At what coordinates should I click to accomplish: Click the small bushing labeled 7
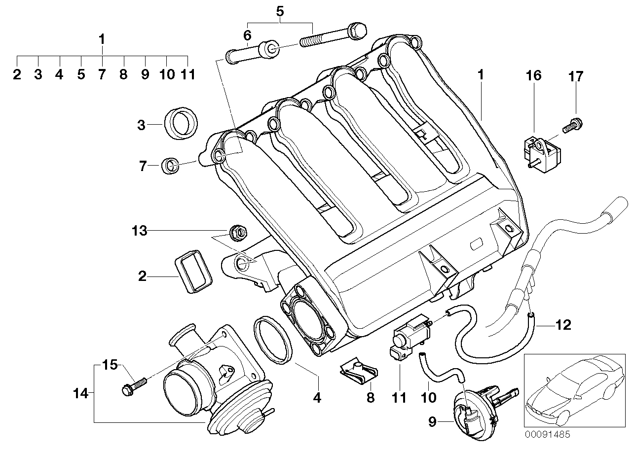[170, 165]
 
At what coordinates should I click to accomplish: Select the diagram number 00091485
[547, 435]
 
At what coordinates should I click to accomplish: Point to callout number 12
[562, 325]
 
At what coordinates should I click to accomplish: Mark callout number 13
[139, 230]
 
